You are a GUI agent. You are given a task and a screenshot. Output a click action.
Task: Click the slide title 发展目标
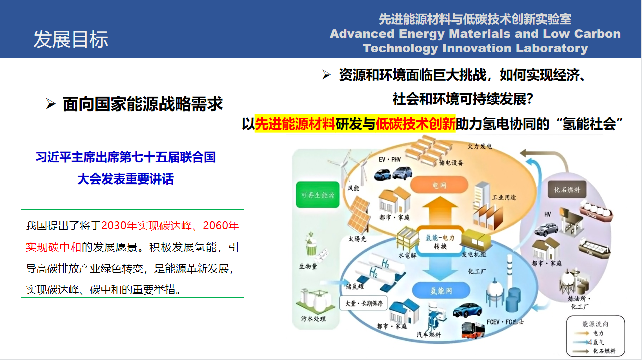tap(71, 39)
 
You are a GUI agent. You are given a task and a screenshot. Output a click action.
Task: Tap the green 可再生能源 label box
tap(317, 195)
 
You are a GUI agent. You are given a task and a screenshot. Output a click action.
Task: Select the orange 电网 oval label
tap(439, 185)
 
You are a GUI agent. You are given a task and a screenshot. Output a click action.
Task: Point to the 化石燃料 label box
tap(567, 190)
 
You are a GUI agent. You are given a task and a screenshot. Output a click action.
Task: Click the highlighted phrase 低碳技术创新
tap(415, 124)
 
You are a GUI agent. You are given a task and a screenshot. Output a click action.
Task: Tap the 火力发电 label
tap(479, 146)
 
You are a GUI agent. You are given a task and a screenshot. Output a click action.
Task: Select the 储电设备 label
tap(451, 162)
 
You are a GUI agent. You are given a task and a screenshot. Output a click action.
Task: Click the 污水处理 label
tap(313, 319)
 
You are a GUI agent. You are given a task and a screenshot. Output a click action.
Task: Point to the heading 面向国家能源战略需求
tap(142, 104)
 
